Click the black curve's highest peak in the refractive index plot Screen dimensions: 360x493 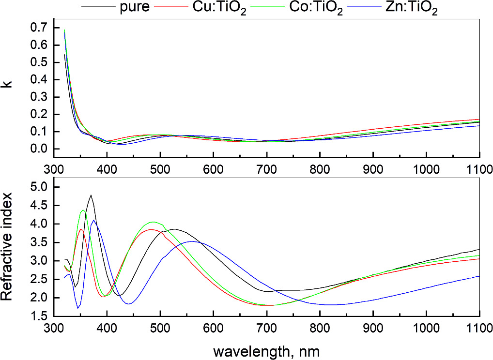(x=91, y=195)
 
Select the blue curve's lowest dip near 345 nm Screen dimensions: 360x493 (x=77, y=308)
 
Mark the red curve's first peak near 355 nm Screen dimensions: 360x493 (x=81, y=229)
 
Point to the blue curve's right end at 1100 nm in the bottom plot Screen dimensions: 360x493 (x=479, y=276)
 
